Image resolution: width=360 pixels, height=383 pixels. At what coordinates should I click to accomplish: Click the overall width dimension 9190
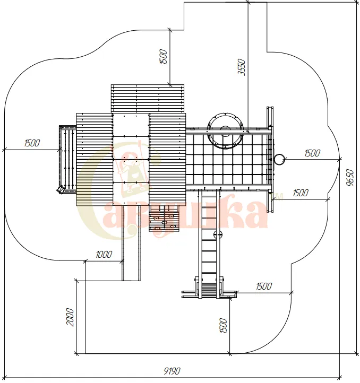pos(172,371)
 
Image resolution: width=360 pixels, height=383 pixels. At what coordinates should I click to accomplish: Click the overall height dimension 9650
pos(350,178)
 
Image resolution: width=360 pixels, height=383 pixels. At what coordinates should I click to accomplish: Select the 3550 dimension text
pos(242,67)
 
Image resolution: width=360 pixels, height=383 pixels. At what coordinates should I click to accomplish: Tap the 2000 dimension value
pos(70,317)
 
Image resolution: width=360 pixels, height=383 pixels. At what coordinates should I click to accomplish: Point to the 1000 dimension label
pos(104,255)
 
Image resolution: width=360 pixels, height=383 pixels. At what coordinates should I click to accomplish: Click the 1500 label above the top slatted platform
pos(163,57)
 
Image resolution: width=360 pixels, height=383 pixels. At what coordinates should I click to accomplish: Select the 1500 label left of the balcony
pos(32,143)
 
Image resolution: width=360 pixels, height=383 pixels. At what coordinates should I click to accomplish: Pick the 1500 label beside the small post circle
pos(312,153)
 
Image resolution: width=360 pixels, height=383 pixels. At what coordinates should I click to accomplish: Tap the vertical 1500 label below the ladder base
pos(224,325)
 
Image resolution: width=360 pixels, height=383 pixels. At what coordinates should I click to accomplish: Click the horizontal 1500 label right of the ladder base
pos(264,286)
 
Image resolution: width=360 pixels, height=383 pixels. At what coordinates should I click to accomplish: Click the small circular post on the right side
pos(279,160)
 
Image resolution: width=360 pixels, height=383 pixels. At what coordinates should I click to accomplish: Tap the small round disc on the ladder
pos(218,235)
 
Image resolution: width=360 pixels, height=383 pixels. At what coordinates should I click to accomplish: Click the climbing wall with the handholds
pos(164,219)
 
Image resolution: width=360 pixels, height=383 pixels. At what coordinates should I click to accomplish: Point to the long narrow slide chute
pos(131,243)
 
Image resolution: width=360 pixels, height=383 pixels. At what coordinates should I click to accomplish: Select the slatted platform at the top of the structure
pos(148,99)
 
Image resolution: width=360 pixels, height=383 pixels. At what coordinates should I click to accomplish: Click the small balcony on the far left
pos(68,159)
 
